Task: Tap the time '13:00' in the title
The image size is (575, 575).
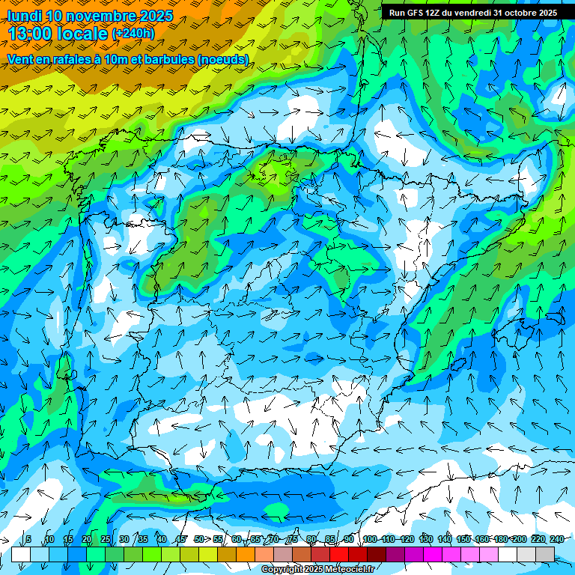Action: [34, 34]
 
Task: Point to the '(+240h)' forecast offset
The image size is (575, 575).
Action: [133, 34]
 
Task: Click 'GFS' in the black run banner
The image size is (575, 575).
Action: [416, 13]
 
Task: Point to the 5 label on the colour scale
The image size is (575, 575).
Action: [28, 540]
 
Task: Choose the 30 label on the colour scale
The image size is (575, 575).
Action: [124, 540]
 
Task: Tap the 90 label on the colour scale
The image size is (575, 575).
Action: [350, 540]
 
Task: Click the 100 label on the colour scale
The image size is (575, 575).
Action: [370, 540]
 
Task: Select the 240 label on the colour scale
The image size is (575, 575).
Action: [557, 540]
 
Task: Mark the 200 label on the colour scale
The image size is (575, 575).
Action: [520, 540]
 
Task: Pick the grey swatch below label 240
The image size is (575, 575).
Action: [545, 554]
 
